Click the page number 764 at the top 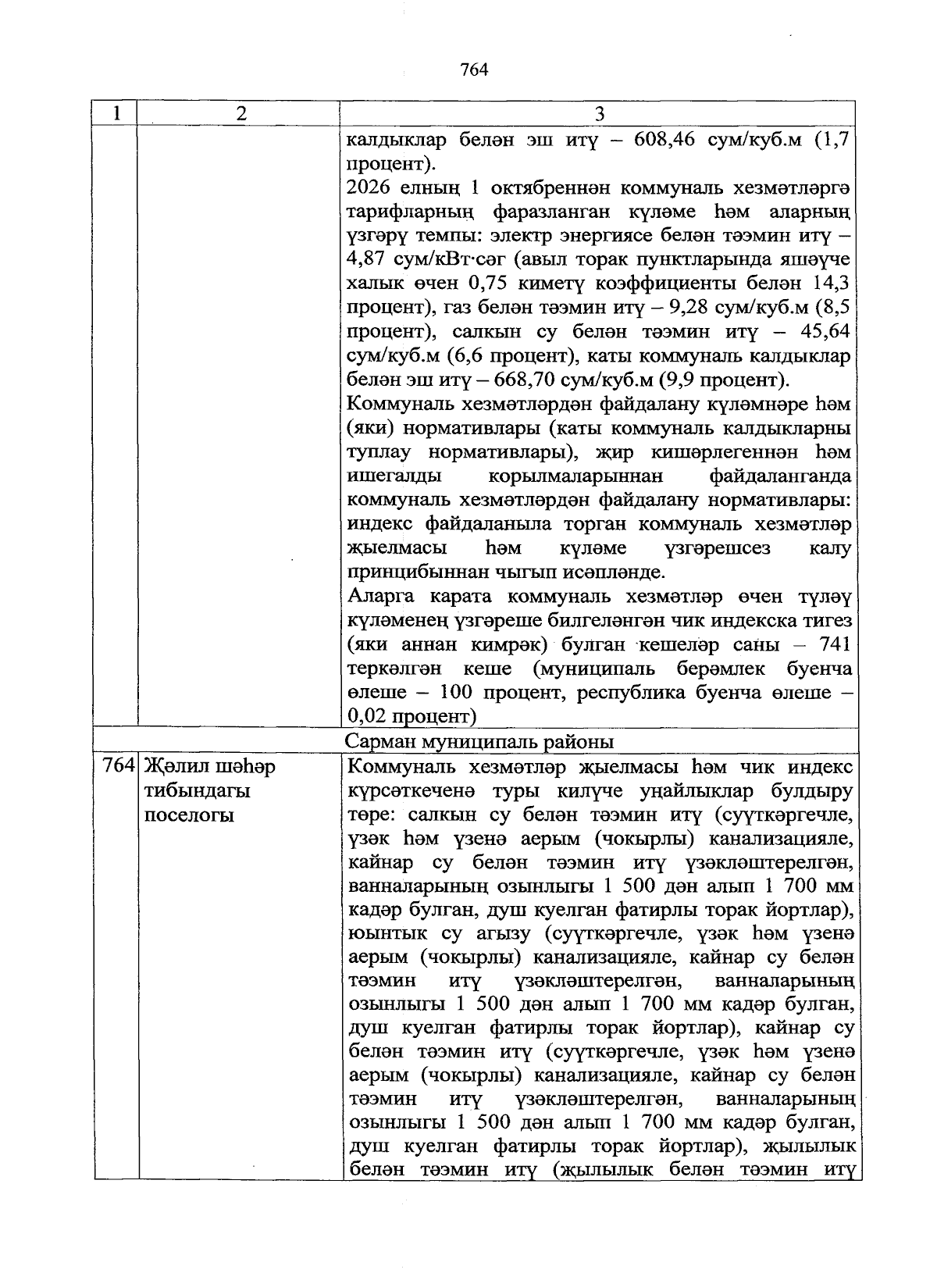(474, 70)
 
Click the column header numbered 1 (116, 114)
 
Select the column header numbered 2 (240, 114)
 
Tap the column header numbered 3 (599, 114)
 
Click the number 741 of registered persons (832, 644)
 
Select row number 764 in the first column (119, 766)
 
